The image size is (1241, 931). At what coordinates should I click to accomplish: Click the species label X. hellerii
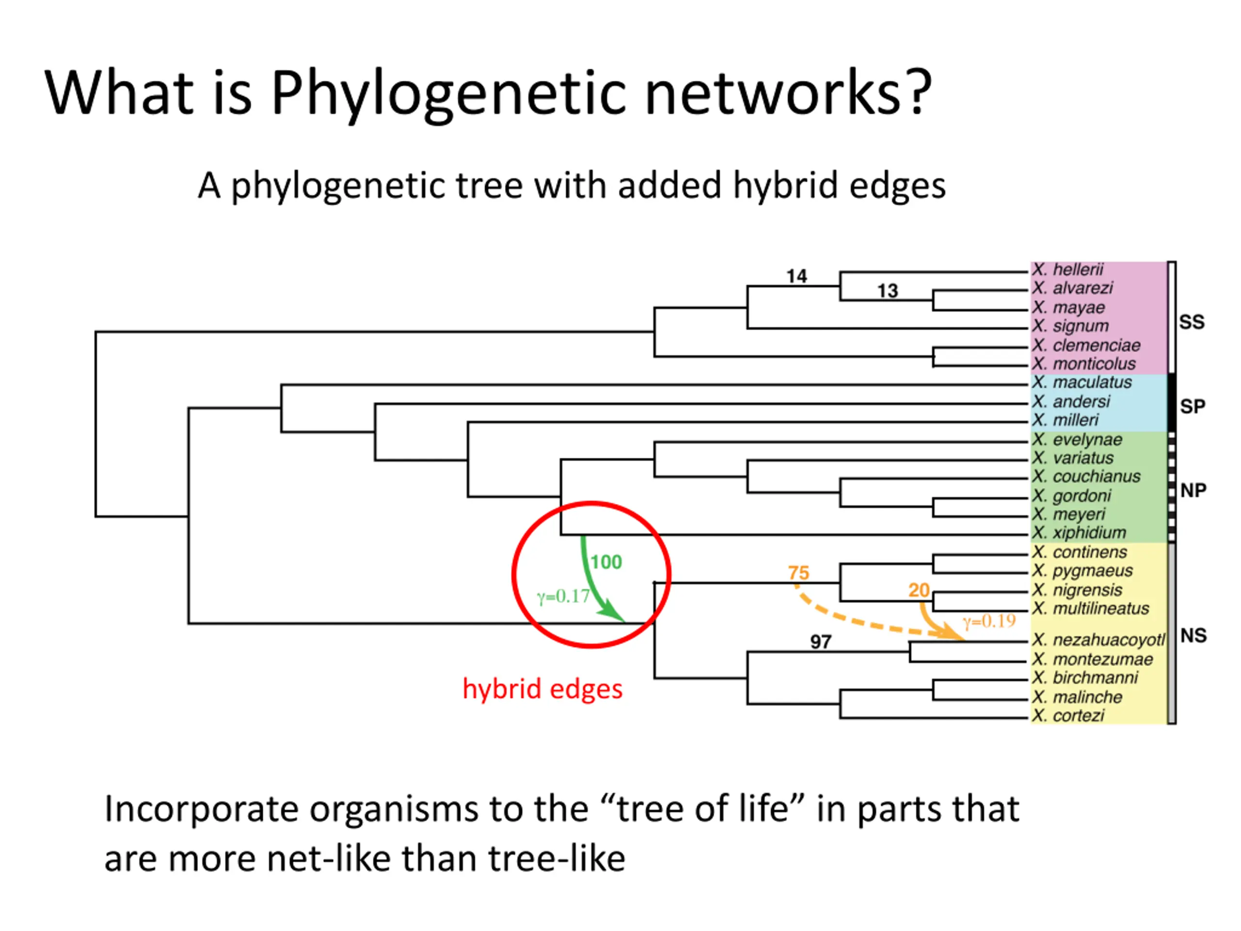pyautogui.click(x=1067, y=270)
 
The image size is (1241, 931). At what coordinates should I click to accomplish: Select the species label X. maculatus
pyautogui.click(x=1082, y=383)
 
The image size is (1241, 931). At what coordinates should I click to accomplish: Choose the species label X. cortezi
pyautogui.click(x=1068, y=716)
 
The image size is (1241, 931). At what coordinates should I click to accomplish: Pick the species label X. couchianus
pyautogui.click(x=1087, y=477)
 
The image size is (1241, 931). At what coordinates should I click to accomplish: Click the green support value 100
pyautogui.click(x=606, y=562)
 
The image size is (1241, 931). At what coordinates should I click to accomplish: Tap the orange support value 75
pyautogui.click(x=798, y=573)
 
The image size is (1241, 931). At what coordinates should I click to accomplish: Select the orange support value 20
pyautogui.click(x=919, y=591)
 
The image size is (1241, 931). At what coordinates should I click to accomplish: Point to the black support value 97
pyautogui.click(x=820, y=642)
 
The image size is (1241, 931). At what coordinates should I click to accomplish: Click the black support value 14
pyautogui.click(x=796, y=277)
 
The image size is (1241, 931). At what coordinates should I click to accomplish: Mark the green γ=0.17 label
pyautogui.click(x=563, y=596)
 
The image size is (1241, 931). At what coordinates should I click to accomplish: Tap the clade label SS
pyautogui.click(x=1192, y=322)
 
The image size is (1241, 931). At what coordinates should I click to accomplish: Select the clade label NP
pyautogui.click(x=1193, y=491)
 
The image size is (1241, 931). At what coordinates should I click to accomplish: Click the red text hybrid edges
pyautogui.click(x=542, y=689)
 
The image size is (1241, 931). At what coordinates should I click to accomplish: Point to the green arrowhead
pyautogui.click(x=613, y=613)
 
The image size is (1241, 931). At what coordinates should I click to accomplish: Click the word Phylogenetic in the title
pyautogui.click(x=448, y=93)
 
